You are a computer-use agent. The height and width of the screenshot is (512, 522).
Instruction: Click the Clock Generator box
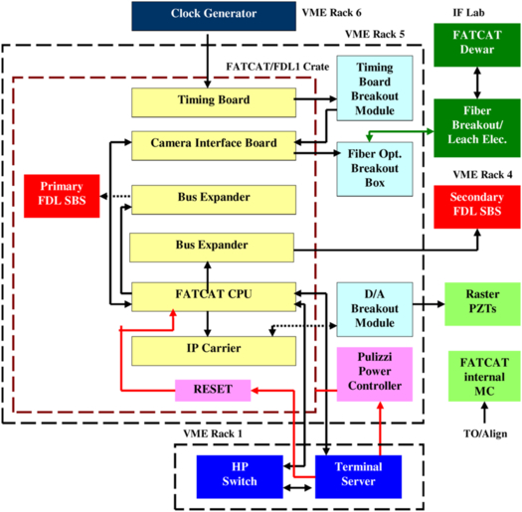click(x=214, y=16)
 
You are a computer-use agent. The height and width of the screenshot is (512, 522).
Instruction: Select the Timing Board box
click(x=214, y=102)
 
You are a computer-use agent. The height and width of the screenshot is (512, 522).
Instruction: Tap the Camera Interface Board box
click(x=214, y=146)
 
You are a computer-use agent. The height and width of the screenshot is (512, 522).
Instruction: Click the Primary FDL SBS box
click(x=62, y=196)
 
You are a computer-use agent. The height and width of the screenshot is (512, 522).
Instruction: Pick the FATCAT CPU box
click(x=214, y=297)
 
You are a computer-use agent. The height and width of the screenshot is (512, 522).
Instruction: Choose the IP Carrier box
click(x=214, y=351)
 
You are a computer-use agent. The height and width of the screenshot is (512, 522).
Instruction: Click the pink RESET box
click(x=213, y=390)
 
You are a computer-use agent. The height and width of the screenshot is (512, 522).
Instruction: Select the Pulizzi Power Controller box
click(x=375, y=374)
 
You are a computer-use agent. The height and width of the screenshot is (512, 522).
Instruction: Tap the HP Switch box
click(x=240, y=477)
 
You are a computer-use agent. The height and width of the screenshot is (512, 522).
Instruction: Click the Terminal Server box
click(x=358, y=477)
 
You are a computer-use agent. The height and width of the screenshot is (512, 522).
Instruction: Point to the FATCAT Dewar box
click(x=477, y=45)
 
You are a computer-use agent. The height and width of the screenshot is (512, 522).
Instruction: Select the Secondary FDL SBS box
click(x=477, y=207)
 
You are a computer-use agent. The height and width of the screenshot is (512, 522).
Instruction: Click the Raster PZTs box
click(x=482, y=304)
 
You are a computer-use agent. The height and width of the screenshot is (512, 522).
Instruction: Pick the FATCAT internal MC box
click(x=484, y=376)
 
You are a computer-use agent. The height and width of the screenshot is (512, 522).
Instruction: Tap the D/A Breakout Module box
click(x=375, y=309)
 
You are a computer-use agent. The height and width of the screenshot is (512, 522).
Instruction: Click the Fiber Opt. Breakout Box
click(x=375, y=169)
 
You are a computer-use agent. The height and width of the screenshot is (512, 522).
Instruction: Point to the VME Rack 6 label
click(x=331, y=13)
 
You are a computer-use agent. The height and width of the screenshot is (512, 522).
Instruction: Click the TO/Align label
click(x=485, y=433)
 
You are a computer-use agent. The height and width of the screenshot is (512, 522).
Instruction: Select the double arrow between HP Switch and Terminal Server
click(x=297, y=488)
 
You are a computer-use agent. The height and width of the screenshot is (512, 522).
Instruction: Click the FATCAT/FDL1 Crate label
click(x=277, y=67)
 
